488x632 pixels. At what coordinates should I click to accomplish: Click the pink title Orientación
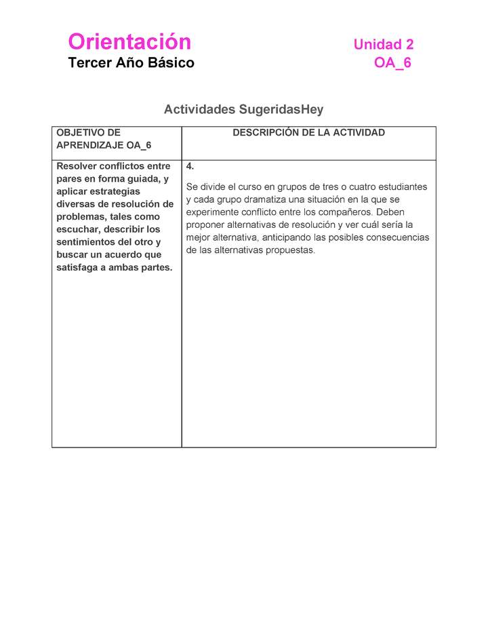point(129,42)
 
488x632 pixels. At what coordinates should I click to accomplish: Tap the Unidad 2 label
point(383,45)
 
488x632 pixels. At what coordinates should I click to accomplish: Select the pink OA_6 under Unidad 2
point(392,63)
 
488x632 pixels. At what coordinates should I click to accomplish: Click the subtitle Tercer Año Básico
point(131,63)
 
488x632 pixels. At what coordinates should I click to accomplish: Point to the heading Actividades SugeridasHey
point(243,109)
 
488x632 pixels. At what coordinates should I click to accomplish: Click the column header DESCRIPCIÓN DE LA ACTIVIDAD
point(308,133)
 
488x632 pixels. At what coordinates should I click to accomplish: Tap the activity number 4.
point(190,166)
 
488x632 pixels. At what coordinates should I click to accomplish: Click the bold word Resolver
point(77,166)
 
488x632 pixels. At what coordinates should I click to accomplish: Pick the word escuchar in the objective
point(77,229)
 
